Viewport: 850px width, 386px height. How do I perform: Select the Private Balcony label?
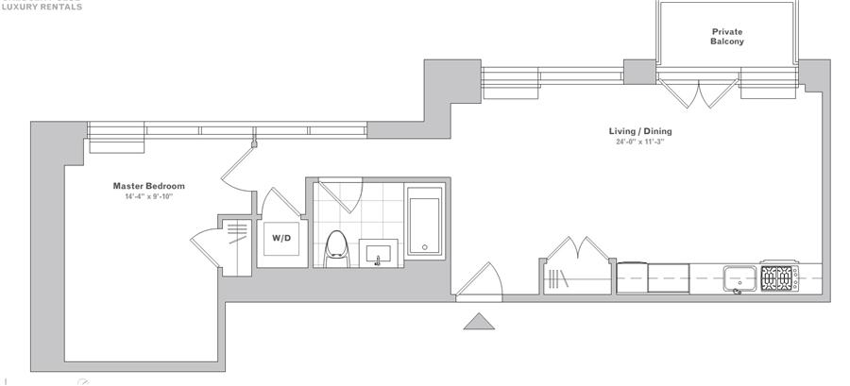point(727,37)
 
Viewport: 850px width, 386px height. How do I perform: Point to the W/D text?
point(282,238)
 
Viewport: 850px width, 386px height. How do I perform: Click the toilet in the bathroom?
point(335,247)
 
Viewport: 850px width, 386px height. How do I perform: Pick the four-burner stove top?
point(776,278)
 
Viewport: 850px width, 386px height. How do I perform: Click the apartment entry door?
point(480,280)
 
